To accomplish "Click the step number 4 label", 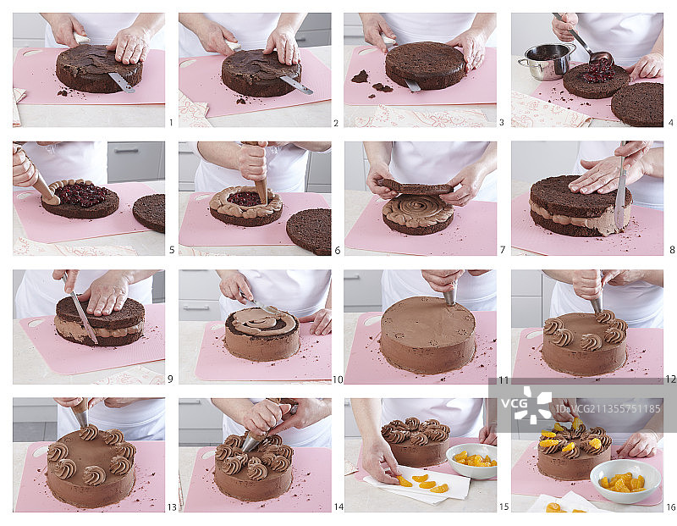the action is point(670,123).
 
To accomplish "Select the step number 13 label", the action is point(172,507).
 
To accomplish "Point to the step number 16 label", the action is point(670,507).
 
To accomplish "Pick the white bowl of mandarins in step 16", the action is point(625,481).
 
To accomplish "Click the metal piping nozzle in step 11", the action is point(450,298).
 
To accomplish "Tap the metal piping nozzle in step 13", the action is point(81,418).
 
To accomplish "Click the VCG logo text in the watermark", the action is point(515,404).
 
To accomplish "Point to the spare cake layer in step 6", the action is point(309,230).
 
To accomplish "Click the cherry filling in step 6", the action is point(244,198).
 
